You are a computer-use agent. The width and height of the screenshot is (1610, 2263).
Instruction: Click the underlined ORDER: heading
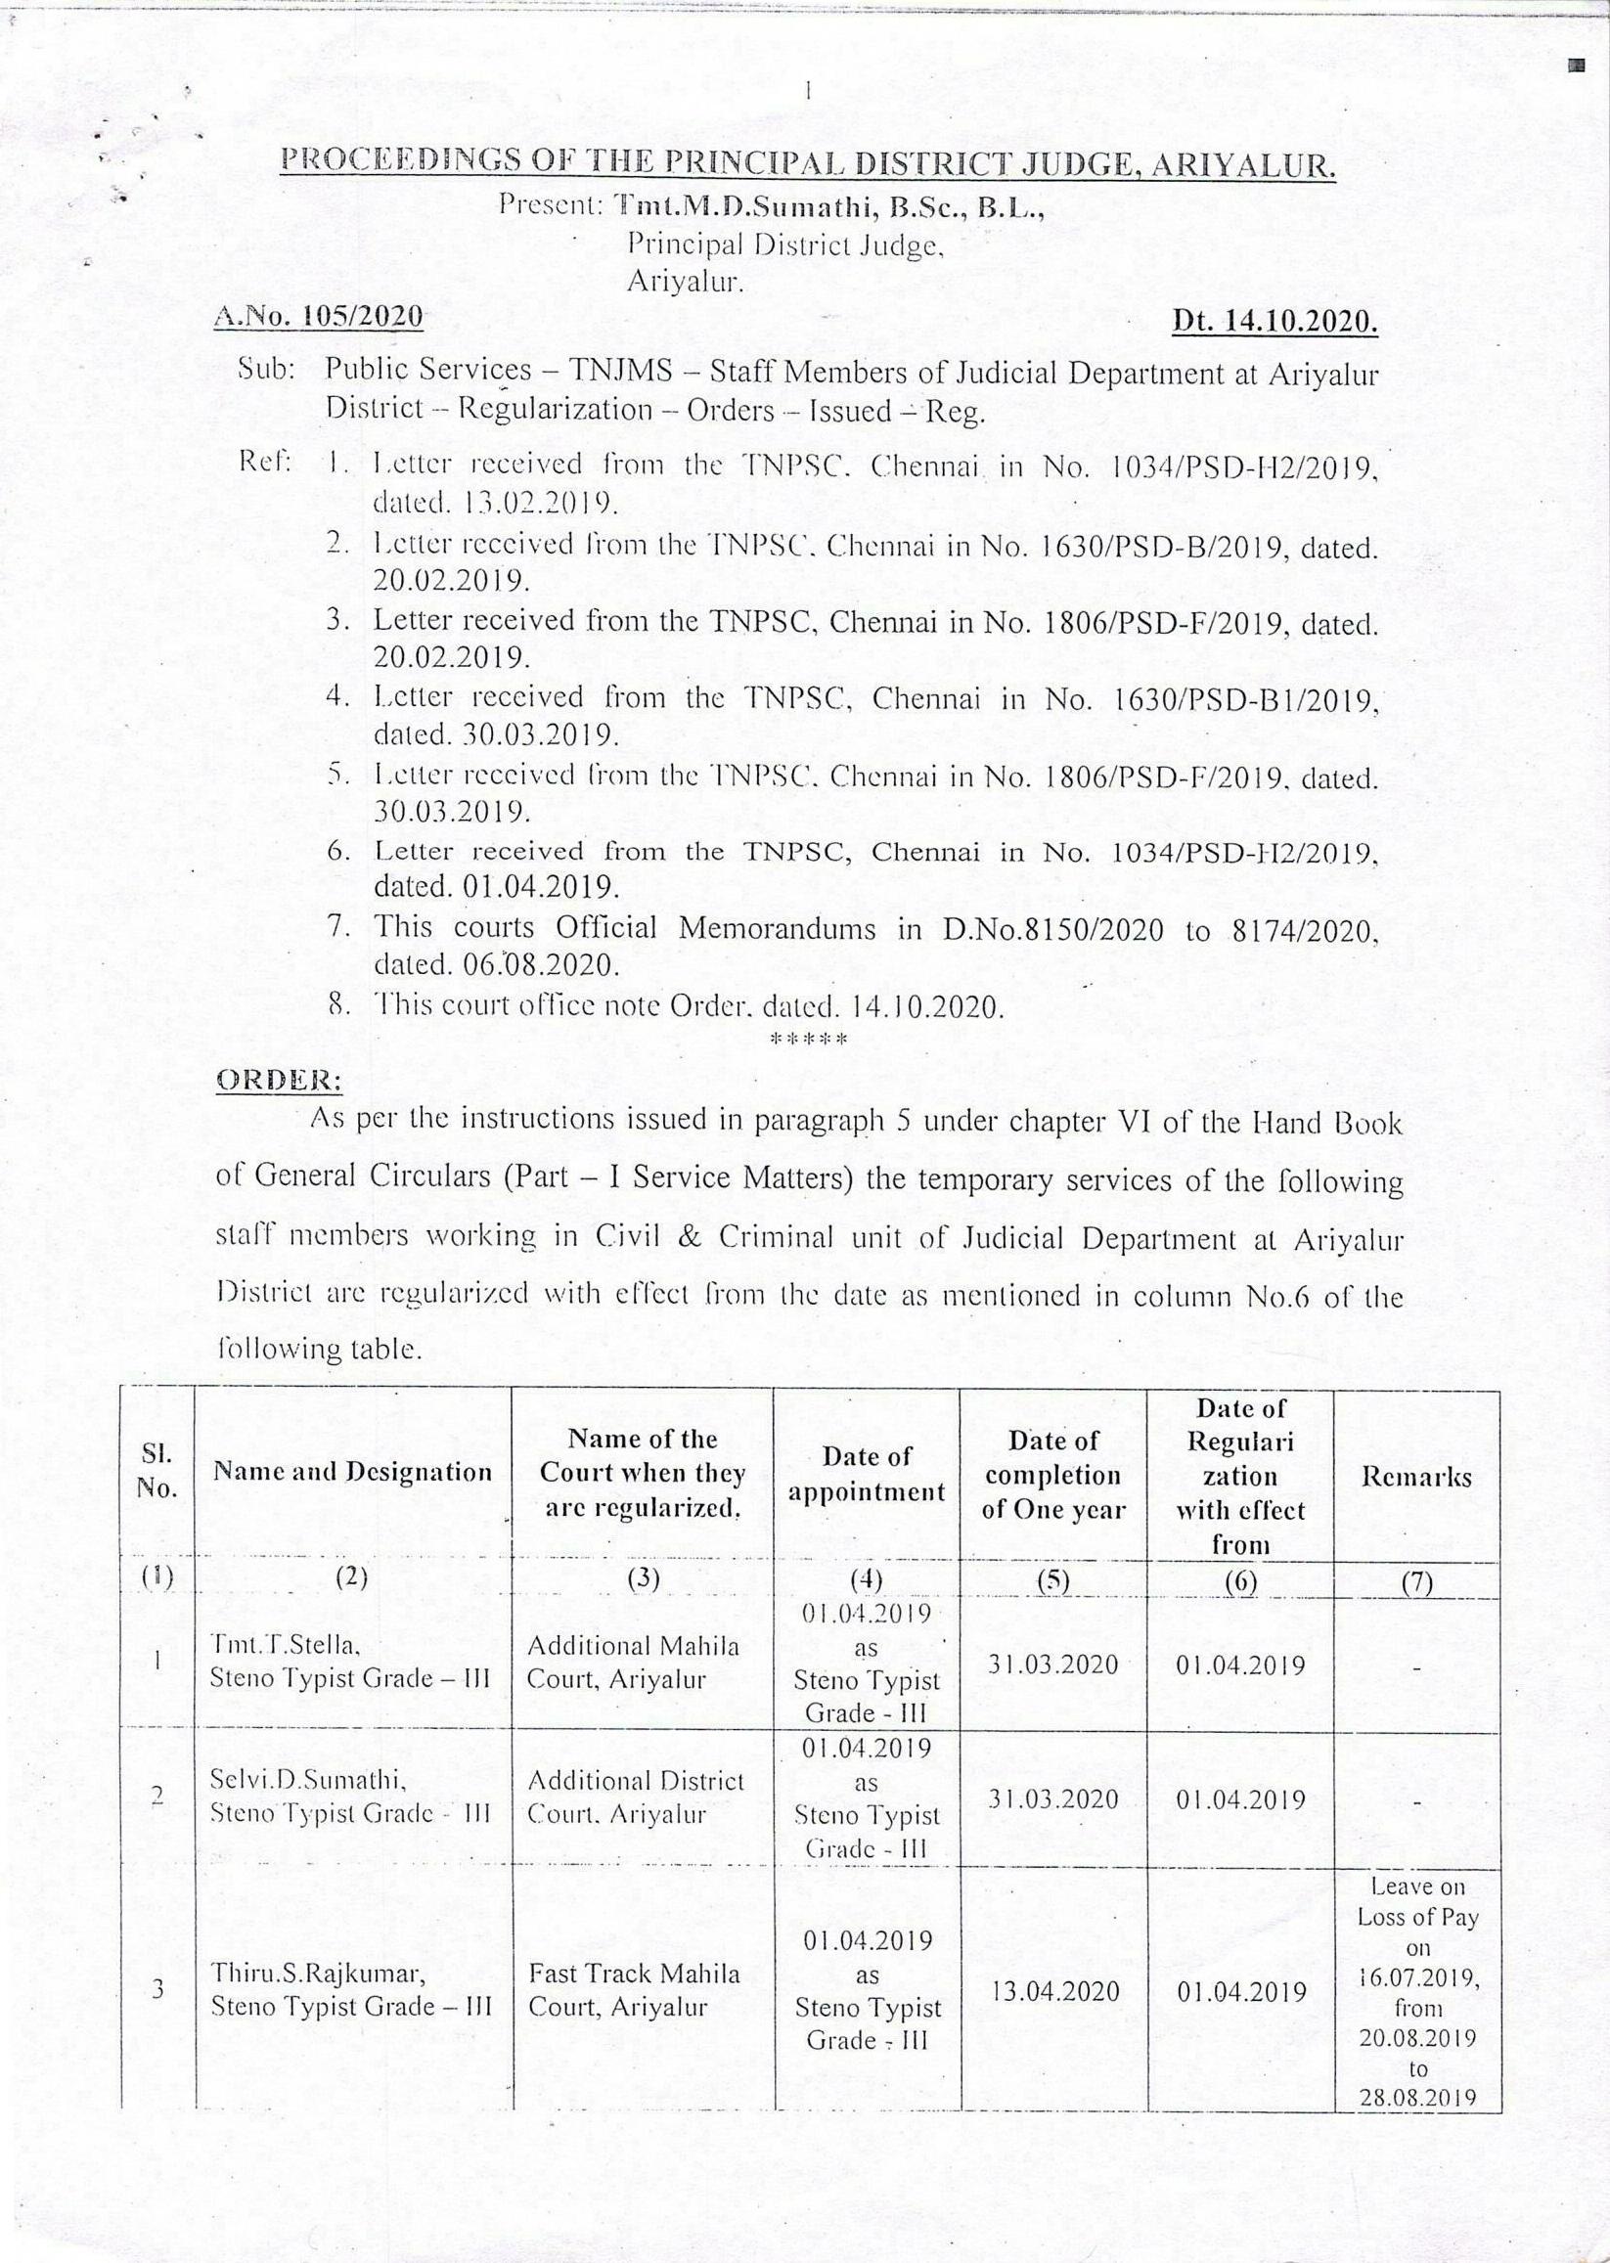[x=279, y=1081]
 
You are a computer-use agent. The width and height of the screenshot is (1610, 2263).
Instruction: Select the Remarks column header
[x=1415, y=1477]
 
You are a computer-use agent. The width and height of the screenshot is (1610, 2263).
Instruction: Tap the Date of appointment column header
[x=867, y=1475]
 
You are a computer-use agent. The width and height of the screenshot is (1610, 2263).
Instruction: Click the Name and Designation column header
[x=352, y=1472]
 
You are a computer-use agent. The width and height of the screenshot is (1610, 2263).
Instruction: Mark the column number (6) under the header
[x=1239, y=1583]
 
